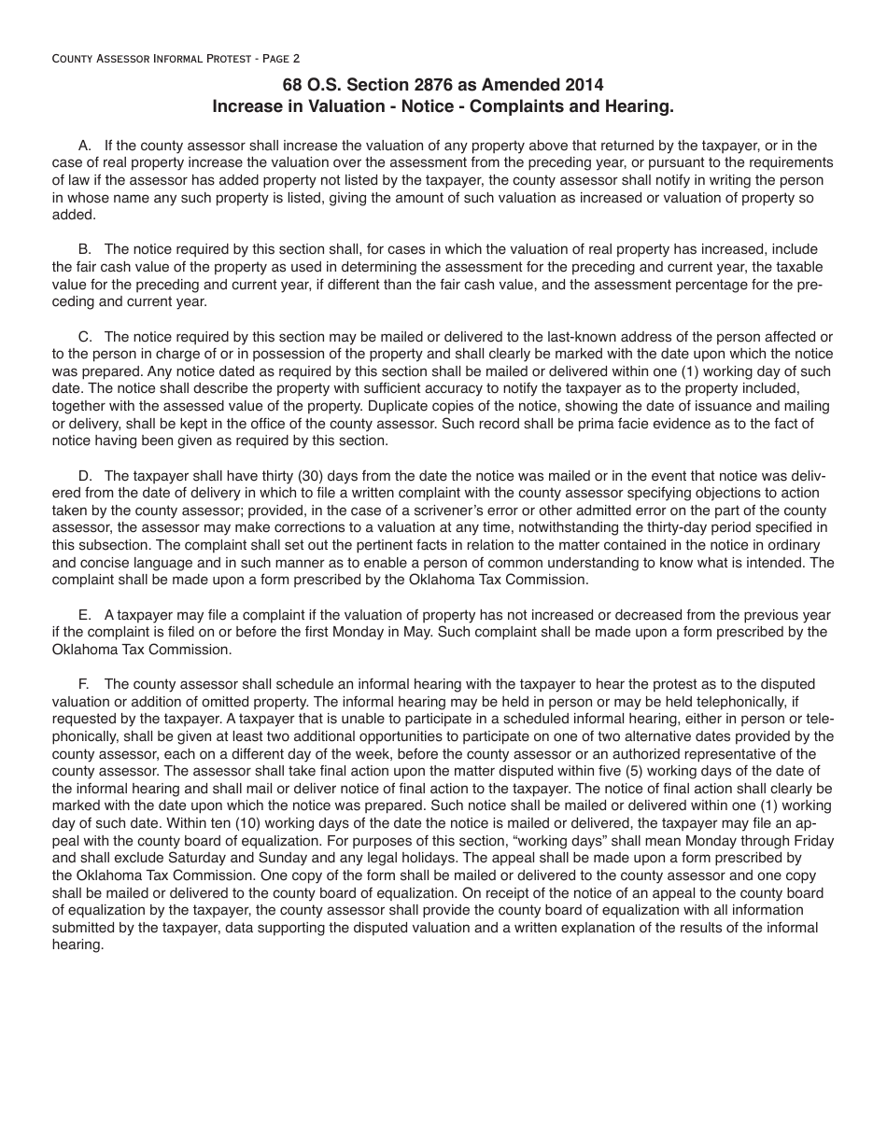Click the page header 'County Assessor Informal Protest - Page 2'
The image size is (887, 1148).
[176, 58]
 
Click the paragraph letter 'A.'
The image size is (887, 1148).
[87, 146]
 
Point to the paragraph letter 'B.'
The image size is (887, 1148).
[87, 249]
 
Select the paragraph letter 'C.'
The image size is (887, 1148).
[87, 337]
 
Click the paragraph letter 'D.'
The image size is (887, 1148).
[87, 476]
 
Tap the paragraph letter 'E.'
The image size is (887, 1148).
[87, 615]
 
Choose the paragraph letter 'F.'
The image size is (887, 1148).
[86, 684]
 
